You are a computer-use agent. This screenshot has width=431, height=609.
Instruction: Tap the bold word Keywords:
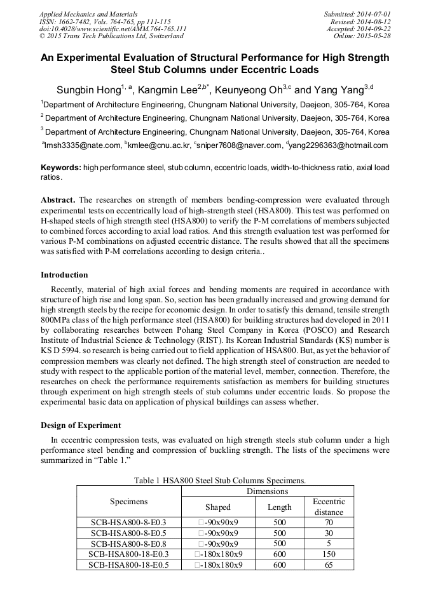pyautogui.click(x=60, y=167)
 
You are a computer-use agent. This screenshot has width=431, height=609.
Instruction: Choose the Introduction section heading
pyautogui.click(x=64, y=275)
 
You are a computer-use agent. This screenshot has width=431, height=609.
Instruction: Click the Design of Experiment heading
pyautogui.click(x=81, y=425)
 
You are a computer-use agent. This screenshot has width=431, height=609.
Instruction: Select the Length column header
pyautogui.click(x=279, y=507)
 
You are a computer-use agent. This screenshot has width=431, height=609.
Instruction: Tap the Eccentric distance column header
pyautogui.click(x=329, y=507)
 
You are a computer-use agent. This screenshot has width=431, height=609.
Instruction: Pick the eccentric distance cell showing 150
pyautogui.click(x=329, y=554)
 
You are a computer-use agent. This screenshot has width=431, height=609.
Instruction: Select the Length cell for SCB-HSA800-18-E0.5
pyautogui.click(x=279, y=565)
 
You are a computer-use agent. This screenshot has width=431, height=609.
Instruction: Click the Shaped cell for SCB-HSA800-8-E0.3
pyautogui.click(x=218, y=523)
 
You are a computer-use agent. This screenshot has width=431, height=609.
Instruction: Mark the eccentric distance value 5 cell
pyautogui.click(x=329, y=544)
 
